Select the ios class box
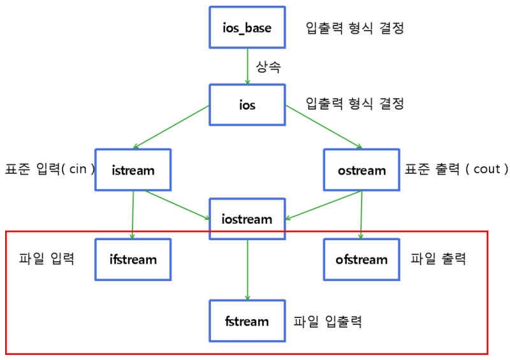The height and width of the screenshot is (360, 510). tap(247, 105)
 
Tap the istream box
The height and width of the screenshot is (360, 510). tap(133, 170)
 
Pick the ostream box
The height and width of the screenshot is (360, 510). tap(361, 170)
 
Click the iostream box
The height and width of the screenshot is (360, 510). tap(247, 219)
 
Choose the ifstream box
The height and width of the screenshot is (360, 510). tap(133, 259)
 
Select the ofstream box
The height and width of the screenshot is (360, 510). tap(361, 259)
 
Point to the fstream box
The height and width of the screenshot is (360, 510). tap(247, 320)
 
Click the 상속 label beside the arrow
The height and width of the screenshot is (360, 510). tap(269, 66)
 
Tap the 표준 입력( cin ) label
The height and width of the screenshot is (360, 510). tap(50, 169)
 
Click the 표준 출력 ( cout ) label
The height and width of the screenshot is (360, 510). tap(456, 169)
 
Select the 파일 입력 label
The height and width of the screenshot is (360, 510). tap(47, 259)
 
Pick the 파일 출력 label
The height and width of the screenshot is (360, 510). tap(438, 259)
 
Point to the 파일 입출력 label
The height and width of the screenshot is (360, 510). tap(328, 320)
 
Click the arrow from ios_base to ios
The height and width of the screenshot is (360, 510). tap(247, 66)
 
